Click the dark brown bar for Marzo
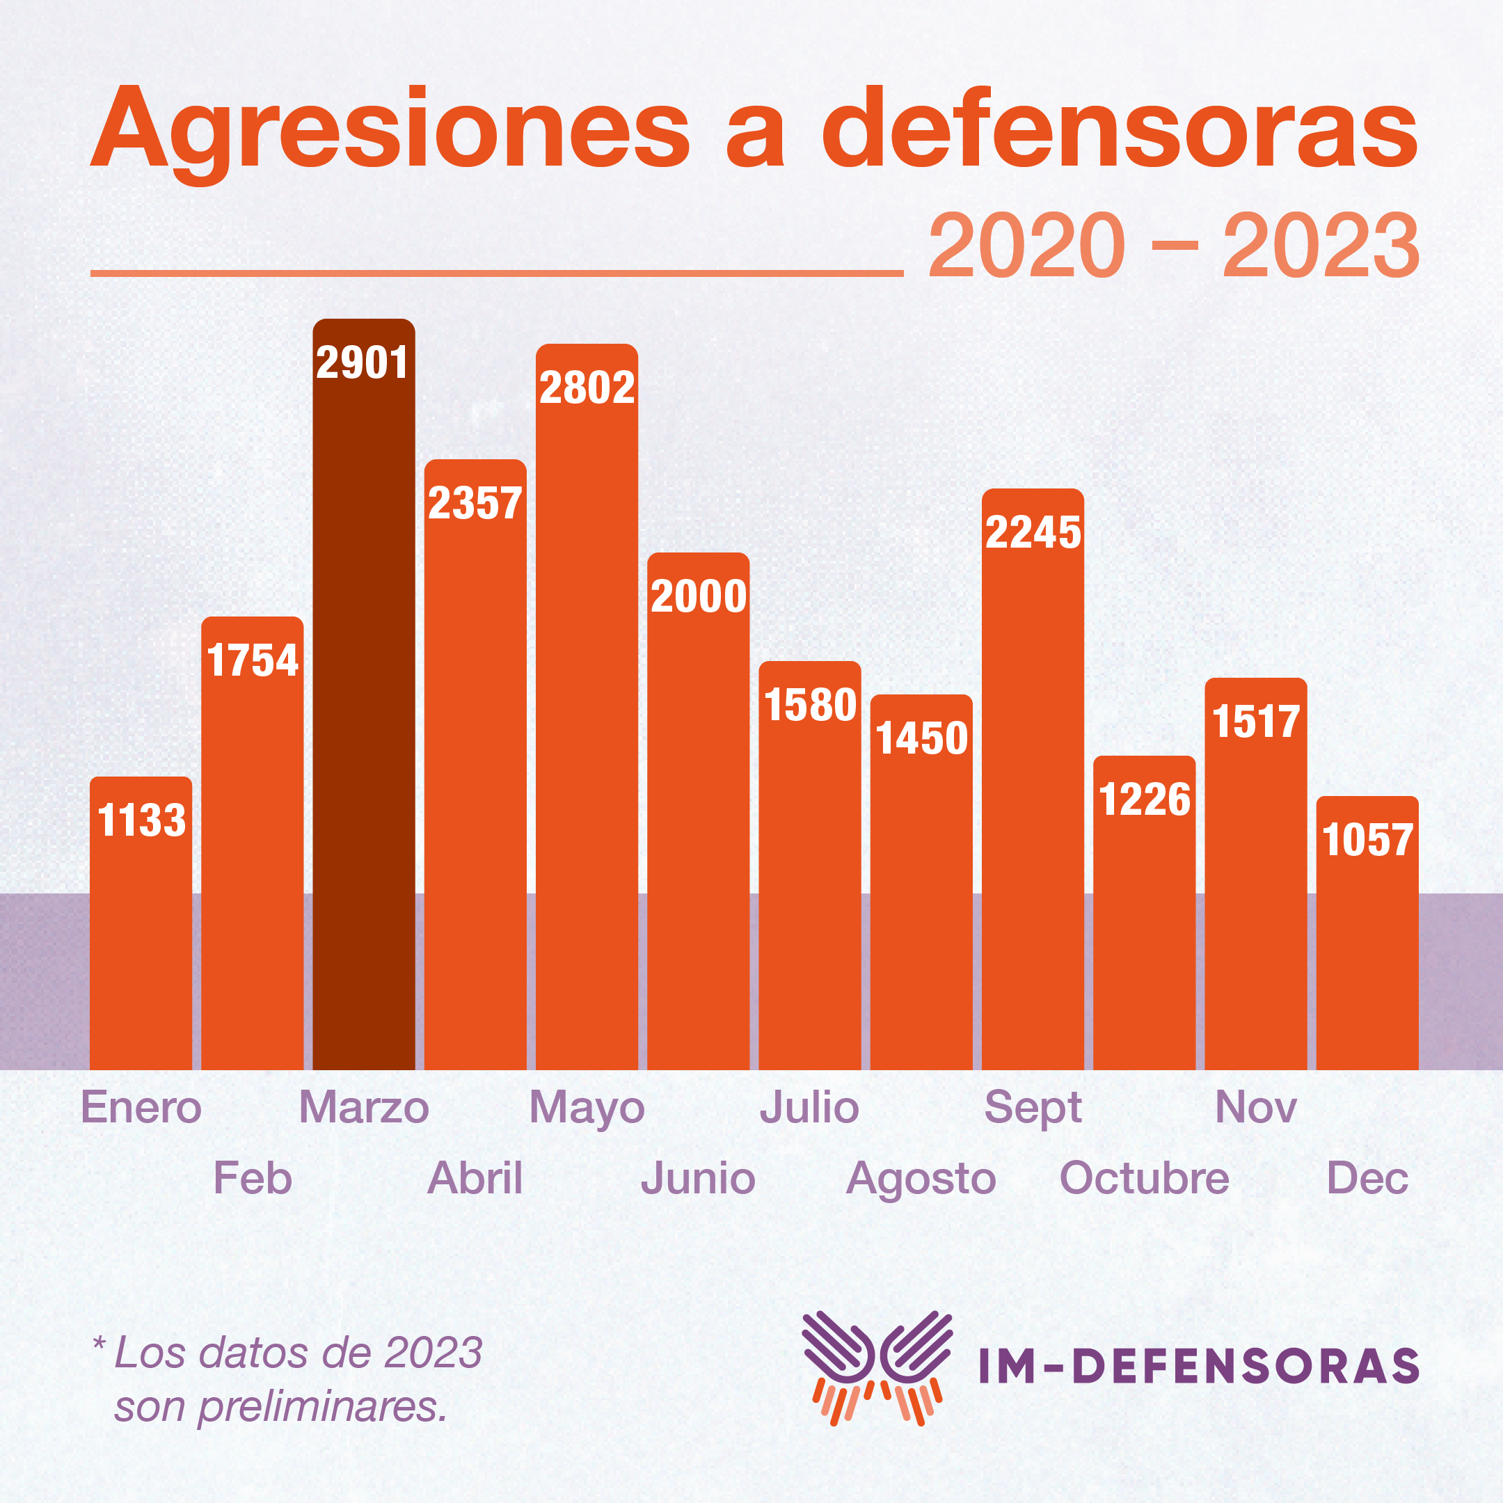[363, 700]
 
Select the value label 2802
[587, 388]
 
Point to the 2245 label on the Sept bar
[1033, 533]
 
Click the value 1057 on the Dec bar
[1367, 840]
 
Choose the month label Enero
[141, 1107]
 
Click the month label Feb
[252, 1178]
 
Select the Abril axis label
[475, 1178]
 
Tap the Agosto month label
[921, 1179]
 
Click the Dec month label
[1367, 1178]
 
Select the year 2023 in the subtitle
[1321, 246]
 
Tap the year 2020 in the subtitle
[1027, 246]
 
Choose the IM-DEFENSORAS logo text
[1199, 1367]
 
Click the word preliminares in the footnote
[322, 1406]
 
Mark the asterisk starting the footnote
[99, 1344]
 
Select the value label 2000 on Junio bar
[698, 597]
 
